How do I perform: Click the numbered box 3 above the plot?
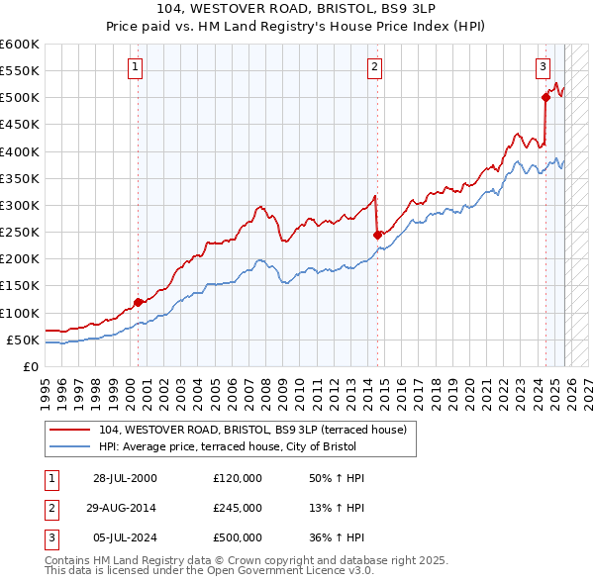pyautogui.click(x=544, y=67)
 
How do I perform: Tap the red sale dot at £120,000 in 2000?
pyautogui.click(x=138, y=303)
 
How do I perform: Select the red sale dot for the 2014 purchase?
pyautogui.click(x=377, y=235)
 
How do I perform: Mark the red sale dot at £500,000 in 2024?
pyautogui.click(x=545, y=97)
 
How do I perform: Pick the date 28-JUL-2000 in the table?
pyautogui.click(x=125, y=478)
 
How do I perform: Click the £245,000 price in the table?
pyautogui.click(x=238, y=508)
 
